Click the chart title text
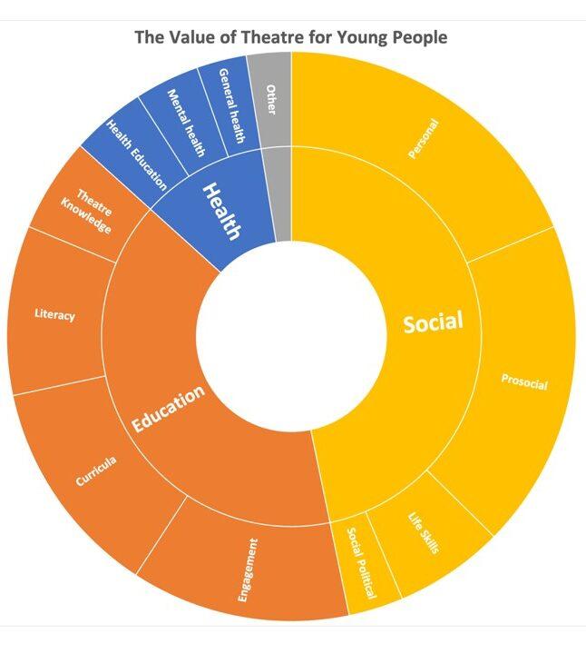291,37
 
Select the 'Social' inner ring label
433,322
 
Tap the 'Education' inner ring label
168,411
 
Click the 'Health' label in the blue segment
220,211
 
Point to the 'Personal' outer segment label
424,141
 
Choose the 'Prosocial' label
524,382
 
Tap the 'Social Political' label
360,566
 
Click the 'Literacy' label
54,315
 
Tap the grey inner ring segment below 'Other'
282,195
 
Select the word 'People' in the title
419,37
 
